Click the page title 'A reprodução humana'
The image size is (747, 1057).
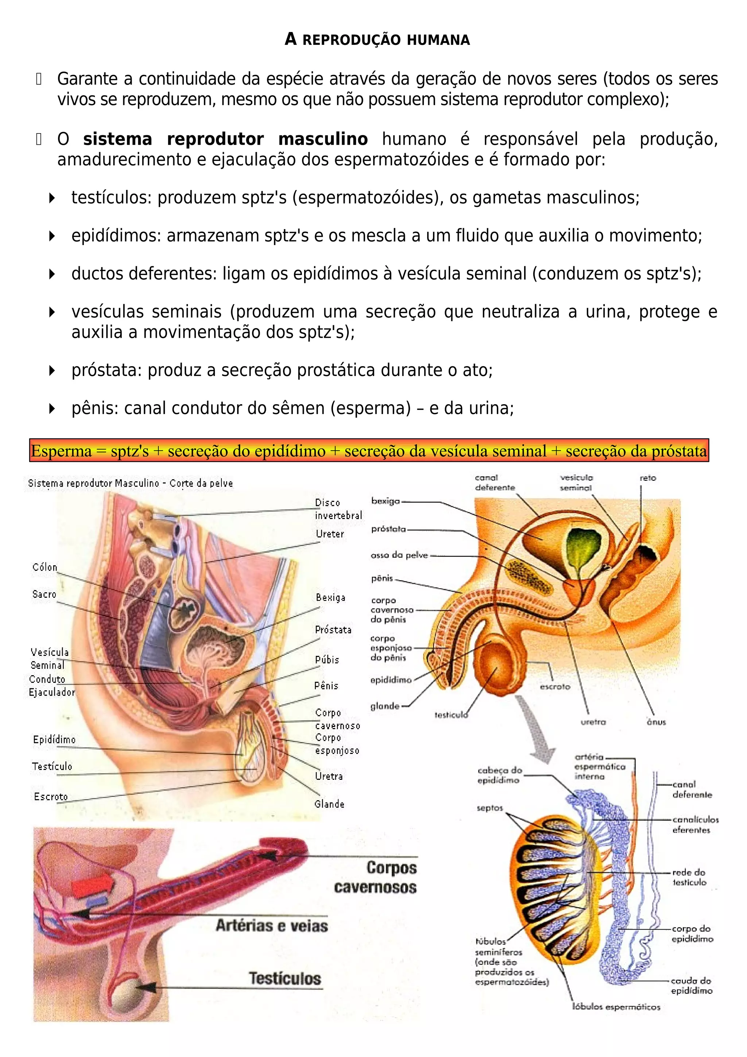[x=377, y=40]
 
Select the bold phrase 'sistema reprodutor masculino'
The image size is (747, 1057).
[x=225, y=139]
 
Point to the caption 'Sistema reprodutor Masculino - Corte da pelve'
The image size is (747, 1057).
[x=130, y=483]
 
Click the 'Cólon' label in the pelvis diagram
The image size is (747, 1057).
[x=44, y=567]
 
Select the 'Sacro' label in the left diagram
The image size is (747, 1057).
[x=44, y=594]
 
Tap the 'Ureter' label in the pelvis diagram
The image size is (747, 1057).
[x=329, y=534]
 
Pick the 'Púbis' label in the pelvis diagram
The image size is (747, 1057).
[x=327, y=660]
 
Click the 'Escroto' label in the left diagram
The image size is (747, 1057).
[x=51, y=797]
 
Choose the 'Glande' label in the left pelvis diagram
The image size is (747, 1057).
[x=329, y=804]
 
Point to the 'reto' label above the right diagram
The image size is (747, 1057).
[x=647, y=478]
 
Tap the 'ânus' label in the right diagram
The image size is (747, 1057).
[x=656, y=722]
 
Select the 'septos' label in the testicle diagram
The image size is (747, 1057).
[x=490, y=808]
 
